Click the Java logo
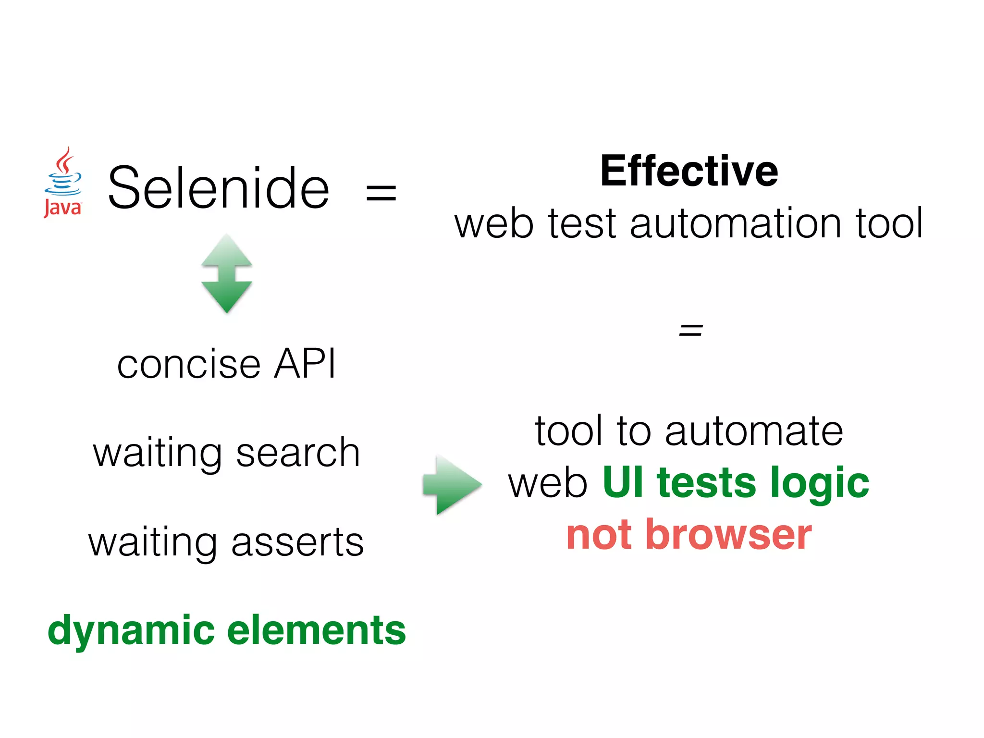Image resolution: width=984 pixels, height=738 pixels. pos(63,183)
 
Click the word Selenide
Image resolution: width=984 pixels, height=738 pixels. pos(219,188)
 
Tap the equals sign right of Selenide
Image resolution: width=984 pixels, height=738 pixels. pos(381,193)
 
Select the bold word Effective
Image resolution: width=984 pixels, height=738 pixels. pos(689,171)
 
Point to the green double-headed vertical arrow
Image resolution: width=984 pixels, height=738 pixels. pos(227,273)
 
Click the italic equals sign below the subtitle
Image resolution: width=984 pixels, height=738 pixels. pos(690,330)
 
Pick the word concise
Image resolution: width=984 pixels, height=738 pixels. pos(189,364)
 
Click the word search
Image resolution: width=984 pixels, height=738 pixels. pos(298,453)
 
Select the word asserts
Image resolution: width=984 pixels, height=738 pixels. pos(297,543)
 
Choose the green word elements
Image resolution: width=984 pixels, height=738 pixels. pos(317,630)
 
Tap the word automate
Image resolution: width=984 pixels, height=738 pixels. pos(754,431)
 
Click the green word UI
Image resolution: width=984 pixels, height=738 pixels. pos(623,482)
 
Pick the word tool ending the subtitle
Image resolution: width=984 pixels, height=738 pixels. pos(889,224)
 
